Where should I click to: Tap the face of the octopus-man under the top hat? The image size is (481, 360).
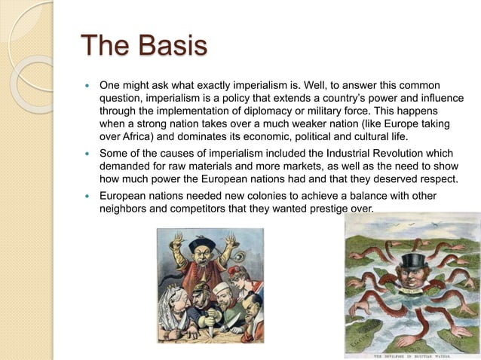pyautogui.click(x=412, y=276)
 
